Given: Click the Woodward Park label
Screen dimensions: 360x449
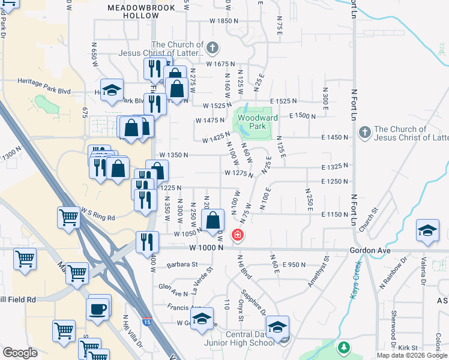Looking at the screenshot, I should tap(258, 122).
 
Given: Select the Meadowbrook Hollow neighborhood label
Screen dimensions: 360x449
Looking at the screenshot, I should tap(141, 11).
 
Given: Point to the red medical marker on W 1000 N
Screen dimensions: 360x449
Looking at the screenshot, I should tap(238, 234).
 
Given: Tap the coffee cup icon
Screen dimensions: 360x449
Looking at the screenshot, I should tap(99, 309).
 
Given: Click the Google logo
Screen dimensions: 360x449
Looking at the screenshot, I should tap(20, 353).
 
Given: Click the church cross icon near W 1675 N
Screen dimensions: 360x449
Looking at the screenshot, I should tap(211, 47).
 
